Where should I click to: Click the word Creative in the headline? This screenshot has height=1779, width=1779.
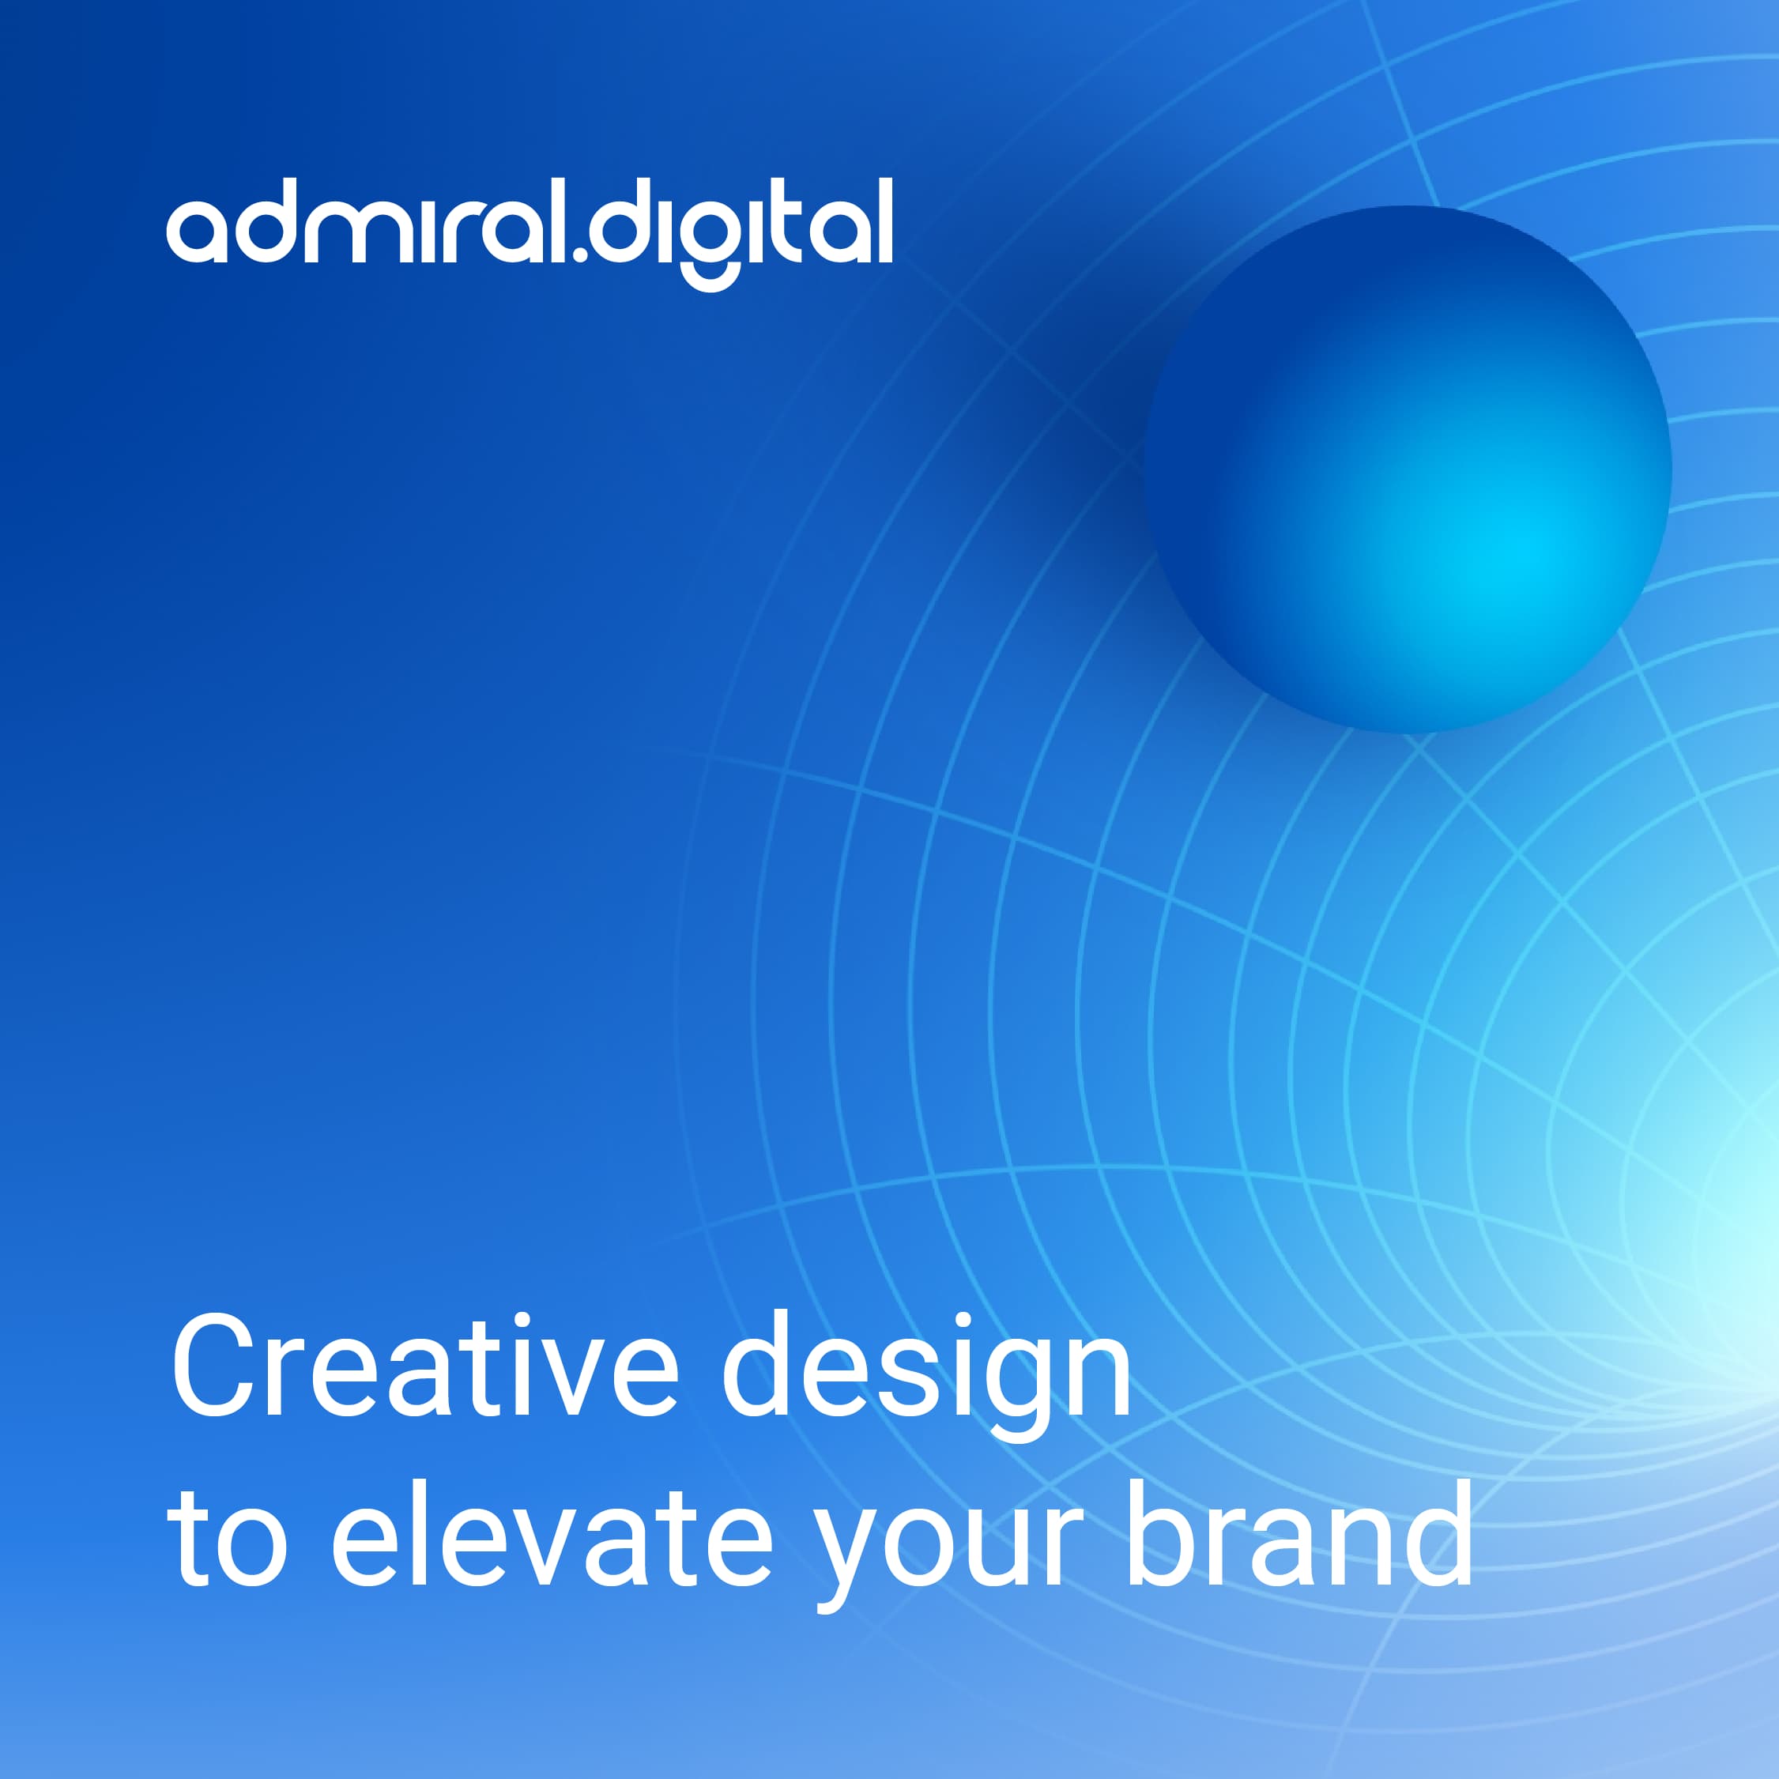(x=424, y=1366)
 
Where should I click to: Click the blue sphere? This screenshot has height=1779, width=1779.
(x=1407, y=469)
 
